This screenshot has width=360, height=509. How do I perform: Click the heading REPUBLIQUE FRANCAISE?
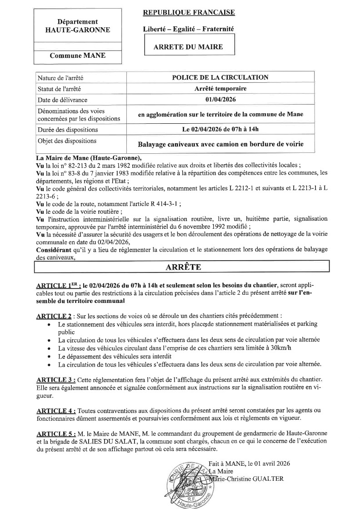point(189,12)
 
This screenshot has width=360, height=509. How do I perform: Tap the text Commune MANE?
point(77,55)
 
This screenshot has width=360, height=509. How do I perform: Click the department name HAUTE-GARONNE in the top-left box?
point(77,30)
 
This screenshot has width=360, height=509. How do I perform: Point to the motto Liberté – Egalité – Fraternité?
point(188,29)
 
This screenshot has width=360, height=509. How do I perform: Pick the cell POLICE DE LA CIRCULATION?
point(220,78)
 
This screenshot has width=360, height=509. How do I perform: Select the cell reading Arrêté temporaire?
point(220,89)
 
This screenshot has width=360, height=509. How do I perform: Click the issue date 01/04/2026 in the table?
point(220,100)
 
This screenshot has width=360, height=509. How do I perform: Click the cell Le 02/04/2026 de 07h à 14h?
point(220,129)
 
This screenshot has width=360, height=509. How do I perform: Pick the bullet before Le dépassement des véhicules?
point(49,357)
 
